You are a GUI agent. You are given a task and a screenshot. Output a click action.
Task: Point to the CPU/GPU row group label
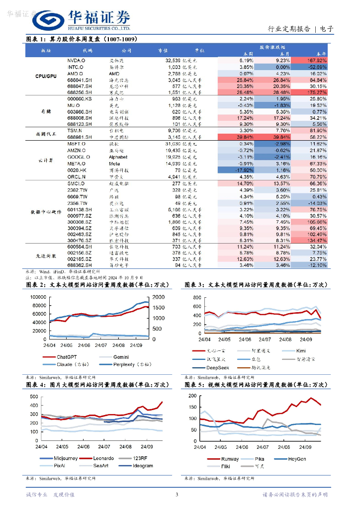point(46,76)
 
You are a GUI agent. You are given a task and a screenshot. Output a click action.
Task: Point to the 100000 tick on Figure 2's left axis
point(38,297)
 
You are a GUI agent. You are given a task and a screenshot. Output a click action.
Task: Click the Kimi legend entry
point(301,350)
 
